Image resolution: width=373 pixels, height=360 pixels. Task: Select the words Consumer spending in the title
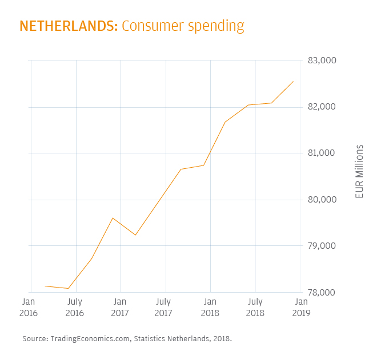point(183,26)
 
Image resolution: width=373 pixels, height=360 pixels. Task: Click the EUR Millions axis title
point(359,171)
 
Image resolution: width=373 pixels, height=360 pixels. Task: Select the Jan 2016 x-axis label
point(30,307)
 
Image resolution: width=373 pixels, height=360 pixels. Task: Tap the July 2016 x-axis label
point(75,307)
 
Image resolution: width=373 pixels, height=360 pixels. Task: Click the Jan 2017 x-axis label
point(120,307)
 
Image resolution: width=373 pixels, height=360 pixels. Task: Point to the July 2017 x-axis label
point(165,307)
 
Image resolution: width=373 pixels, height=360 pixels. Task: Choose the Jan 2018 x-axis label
point(210,307)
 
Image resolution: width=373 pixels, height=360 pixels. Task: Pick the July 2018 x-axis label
point(255,307)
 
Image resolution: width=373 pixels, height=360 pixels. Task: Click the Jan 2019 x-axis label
point(300,307)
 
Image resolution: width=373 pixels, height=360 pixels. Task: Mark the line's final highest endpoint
point(293,82)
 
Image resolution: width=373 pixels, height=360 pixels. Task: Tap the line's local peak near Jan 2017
point(113,218)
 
